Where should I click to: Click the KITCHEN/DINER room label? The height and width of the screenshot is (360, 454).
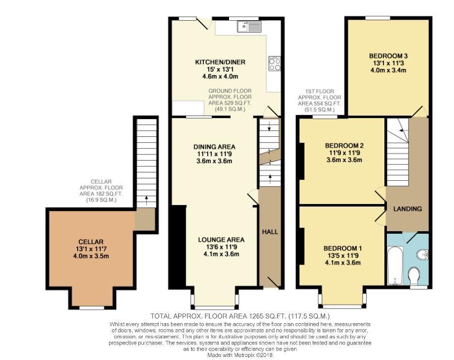tap(220, 62)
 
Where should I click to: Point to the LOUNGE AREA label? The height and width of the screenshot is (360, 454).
tap(221, 240)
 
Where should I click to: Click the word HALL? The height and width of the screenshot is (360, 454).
tap(270, 232)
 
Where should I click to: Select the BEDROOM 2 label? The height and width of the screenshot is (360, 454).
tap(344, 146)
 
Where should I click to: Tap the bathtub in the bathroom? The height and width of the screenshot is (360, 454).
tap(395, 265)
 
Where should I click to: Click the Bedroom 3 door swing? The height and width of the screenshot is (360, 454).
tap(418, 111)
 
